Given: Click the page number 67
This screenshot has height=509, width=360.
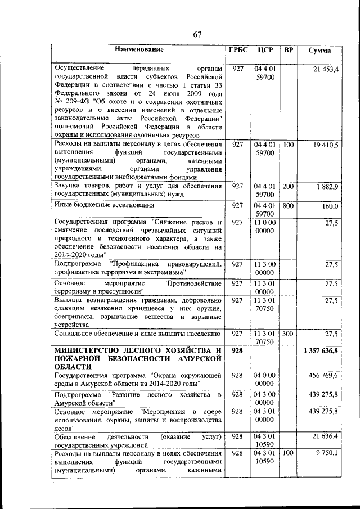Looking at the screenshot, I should tap(197, 35).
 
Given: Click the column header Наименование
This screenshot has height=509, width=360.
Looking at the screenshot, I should tap(138, 50).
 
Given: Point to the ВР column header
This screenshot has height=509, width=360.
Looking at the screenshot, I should tap(289, 50).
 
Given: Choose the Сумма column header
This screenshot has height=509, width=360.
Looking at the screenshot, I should tap(319, 51).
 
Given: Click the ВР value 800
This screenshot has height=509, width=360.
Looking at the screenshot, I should tap(289, 206).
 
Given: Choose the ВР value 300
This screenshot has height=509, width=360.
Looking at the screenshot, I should tap(289, 334).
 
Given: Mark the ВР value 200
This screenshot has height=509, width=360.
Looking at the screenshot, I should tap(289, 186).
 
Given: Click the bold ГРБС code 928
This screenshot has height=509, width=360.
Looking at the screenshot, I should tap(237, 351).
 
